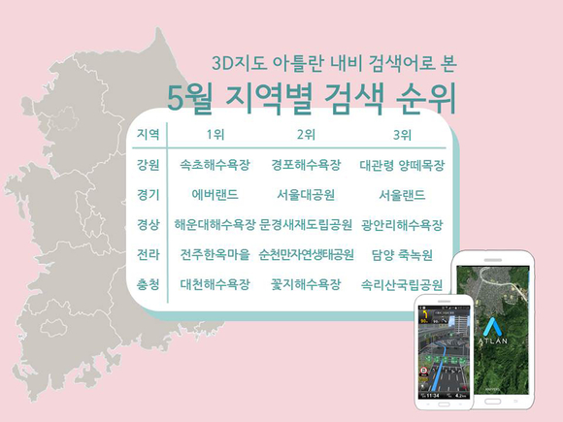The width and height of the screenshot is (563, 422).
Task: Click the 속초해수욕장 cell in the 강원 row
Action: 215,165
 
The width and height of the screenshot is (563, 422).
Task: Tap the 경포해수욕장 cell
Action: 306,165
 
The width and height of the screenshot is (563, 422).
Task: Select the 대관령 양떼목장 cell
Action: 402,166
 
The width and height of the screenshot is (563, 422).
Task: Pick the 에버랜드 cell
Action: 215,195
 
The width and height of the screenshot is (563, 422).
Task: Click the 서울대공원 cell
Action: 306,195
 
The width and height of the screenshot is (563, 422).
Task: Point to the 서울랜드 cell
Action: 402,195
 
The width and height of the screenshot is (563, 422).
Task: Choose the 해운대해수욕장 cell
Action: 215,225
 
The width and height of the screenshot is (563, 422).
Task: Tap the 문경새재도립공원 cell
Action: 306,225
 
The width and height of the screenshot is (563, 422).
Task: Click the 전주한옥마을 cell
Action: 215,255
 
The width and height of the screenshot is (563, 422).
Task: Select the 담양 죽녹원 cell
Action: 402,255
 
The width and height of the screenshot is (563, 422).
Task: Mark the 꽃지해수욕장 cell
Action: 306,284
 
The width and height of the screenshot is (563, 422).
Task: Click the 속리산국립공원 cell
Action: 402,285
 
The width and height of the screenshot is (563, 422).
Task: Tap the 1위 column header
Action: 215,135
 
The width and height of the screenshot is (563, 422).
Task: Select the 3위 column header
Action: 402,135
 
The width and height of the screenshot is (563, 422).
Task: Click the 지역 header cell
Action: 148,134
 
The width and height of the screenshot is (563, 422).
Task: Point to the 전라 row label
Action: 148,255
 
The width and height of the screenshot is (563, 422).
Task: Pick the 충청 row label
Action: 148,284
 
